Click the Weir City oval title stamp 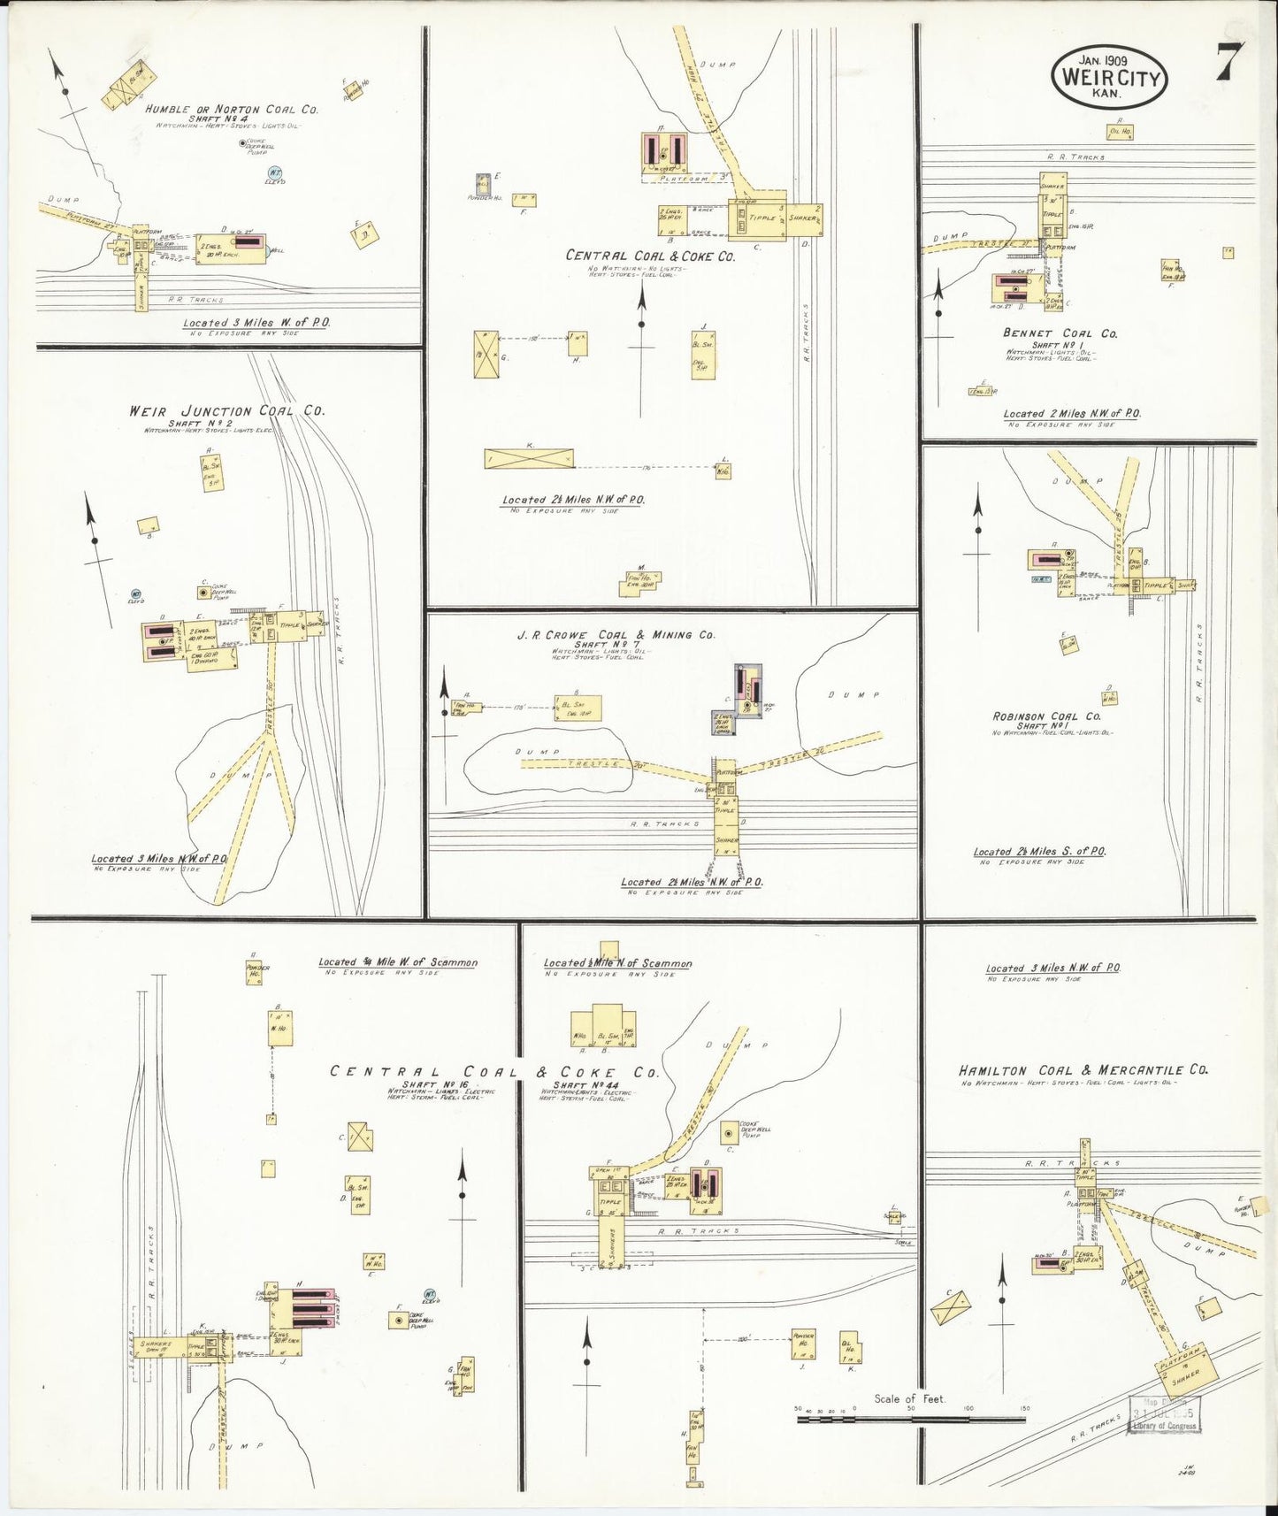[x=1110, y=78]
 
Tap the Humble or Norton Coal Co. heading [x=232, y=110]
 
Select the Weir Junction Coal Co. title [x=226, y=411]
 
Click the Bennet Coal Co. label [x=1060, y=333]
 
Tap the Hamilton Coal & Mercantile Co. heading [x=1083, y=1070]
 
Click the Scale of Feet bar [x=911, y=1420]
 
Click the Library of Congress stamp [x=1164, y=1414]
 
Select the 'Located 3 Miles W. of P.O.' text [x=256, y=323]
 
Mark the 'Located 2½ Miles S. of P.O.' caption [x=1039, y=852]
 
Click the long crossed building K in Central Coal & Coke [x=529, y=459]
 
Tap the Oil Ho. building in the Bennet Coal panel [x=1120, y=133]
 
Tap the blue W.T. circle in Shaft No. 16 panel [x=430, y=1296]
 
